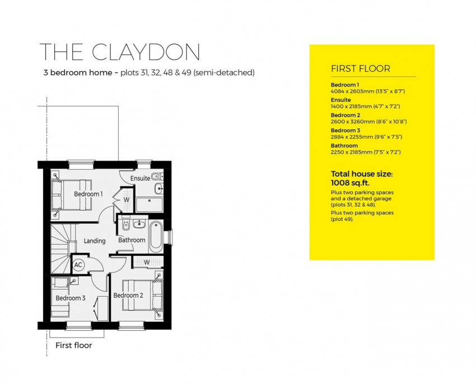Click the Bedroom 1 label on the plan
(x=88, y=194)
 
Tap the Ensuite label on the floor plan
(x=140, y=179)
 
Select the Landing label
(x=95, y=241)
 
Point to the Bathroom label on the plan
(x=132, y=240)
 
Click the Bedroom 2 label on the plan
(x=128, y=295)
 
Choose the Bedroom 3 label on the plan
(x=71, y=298)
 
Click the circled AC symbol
(x=78, y=265)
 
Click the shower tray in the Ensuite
(x=149, y=204)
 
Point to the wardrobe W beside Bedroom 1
(x=126, y=199)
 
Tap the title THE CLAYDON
(x=120, y=52)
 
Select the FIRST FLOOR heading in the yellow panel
(x=361, y=69)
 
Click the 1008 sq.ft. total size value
(x=351, y=182)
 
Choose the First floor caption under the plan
(x=73, y=345)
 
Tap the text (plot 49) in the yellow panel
(x=342, y=219)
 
